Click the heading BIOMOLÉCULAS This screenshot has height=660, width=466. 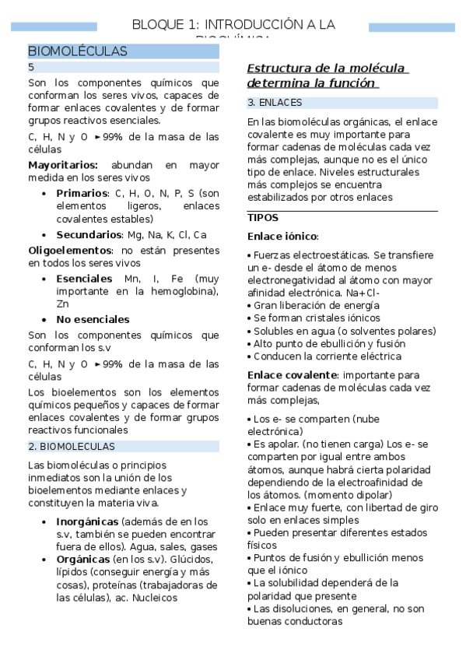[78, 51]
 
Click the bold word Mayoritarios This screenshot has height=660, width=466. [63, 165]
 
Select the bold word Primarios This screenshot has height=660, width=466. [82, 193]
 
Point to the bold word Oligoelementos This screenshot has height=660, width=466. [70, 250]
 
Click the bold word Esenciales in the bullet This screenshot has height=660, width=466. [84, 278]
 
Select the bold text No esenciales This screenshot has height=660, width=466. [93, 319]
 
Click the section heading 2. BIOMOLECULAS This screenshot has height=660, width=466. [71, 446]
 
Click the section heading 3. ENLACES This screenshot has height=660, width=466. [275, 103]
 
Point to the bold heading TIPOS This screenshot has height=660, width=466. [262, 218]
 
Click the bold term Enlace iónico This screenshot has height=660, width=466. [282, 236]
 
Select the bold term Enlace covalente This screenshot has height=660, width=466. [292, 375]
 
